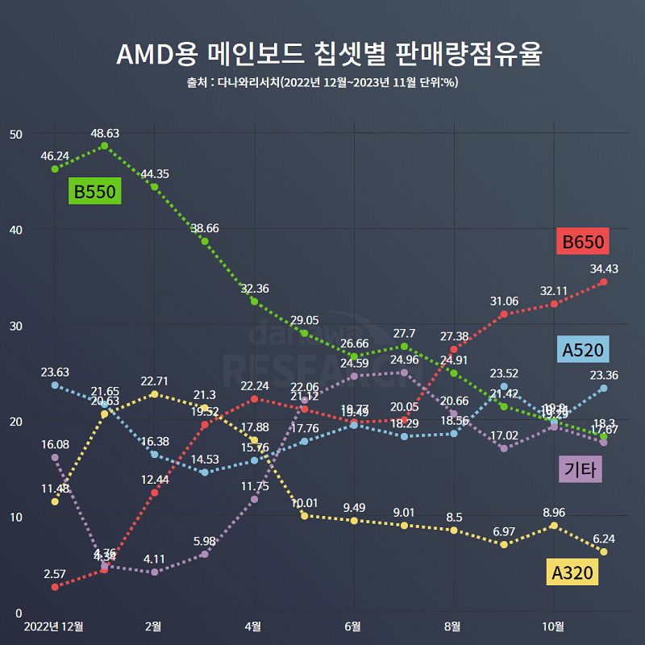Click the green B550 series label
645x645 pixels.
[x=95, y=192]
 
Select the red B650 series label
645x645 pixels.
[x=582, y=241]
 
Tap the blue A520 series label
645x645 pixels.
[x=583, y=350]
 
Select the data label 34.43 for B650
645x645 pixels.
[x=602, y=268]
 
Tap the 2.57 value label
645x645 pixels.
[x=55, y=573]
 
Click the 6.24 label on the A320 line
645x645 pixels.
[x=602, y=539]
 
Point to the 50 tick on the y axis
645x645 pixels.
[x=15, y=133]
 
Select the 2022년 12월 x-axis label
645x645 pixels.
[x=54, y=626]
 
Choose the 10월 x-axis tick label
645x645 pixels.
[x=553, y=626]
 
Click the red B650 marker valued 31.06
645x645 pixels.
[x=504, y=314]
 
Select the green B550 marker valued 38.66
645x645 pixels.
[x=205, y=241]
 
